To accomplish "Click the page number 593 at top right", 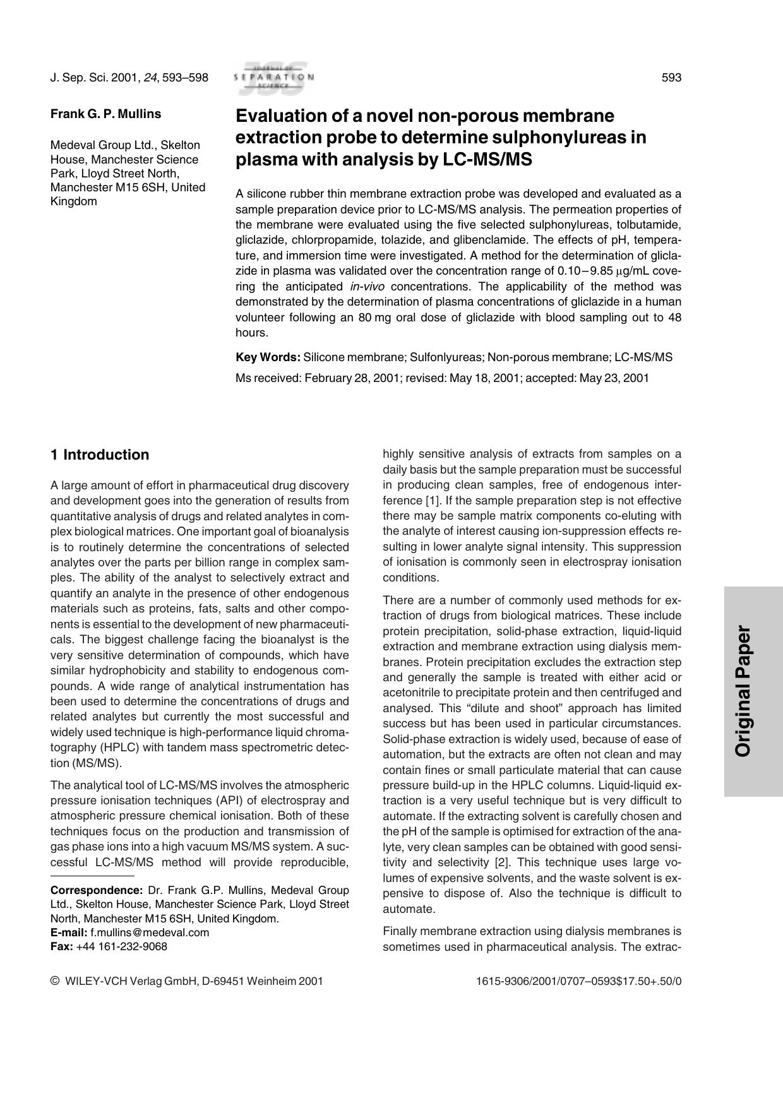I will coord(671,78).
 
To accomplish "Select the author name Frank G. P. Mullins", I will coord(105,114).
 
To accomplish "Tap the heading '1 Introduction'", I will coord(100,455).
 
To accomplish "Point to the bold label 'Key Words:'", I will coord(268,357).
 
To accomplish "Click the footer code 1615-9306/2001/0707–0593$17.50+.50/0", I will coord(578,981).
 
